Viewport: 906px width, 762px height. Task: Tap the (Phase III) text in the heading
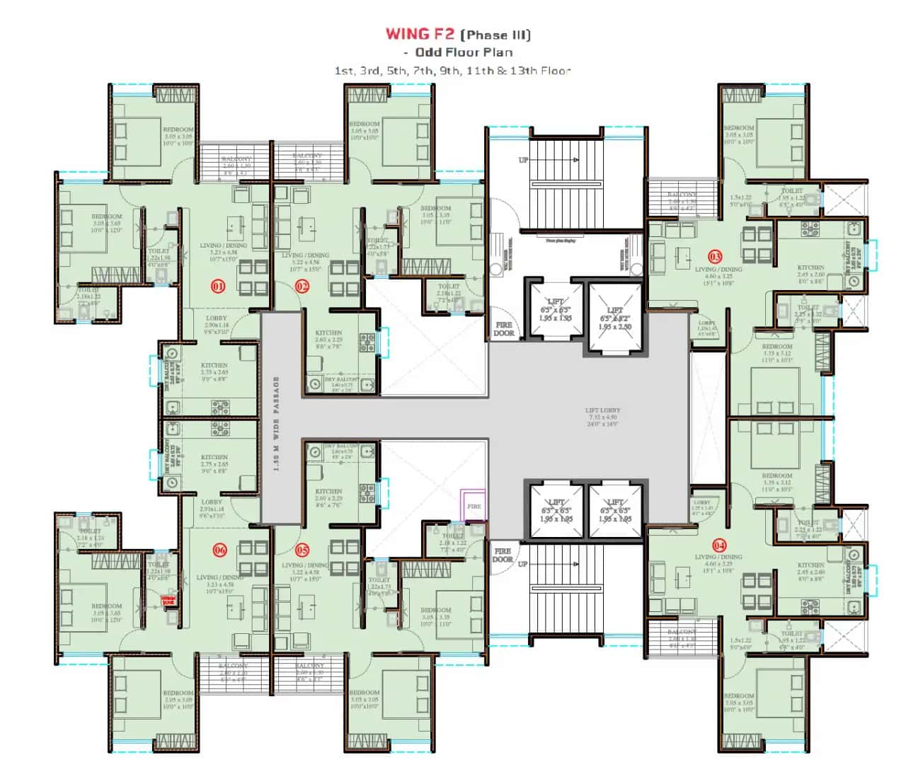(495, 35)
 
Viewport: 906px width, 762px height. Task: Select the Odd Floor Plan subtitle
(464, 52)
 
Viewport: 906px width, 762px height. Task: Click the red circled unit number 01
(218, 286)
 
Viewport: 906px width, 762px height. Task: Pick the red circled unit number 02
(302, 286)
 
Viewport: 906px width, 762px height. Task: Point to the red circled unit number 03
(715, 256)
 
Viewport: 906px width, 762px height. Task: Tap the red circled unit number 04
(719, 545)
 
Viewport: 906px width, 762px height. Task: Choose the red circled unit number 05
(302, 550)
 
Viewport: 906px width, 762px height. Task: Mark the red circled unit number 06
(219, 550)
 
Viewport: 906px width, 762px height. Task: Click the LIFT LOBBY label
(602, 410)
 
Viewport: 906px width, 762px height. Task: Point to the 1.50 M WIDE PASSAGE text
(276, 423)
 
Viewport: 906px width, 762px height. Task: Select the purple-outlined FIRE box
(473, 506)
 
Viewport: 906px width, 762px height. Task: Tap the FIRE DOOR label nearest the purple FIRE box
(503, 555)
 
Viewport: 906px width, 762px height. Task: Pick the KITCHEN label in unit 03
(810, 267)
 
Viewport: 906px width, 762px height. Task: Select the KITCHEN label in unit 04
(810, 565)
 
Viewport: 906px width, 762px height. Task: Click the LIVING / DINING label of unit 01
(224, 246)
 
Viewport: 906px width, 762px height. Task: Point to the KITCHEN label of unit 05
(328, 490)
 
